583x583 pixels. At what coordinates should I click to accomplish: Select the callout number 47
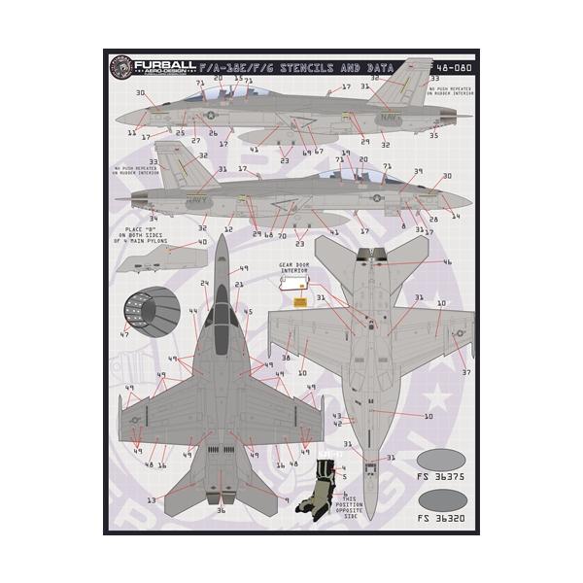(x=122, y=334)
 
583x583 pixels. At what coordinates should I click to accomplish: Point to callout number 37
(x=467, y=372)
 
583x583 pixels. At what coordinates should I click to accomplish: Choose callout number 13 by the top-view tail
(x=151, y=500)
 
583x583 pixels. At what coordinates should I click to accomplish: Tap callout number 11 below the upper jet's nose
(x=131, y=132)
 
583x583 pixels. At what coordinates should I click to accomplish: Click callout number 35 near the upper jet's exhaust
(x=433, y=136)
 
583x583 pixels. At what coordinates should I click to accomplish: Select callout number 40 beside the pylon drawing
(x=203, y=242)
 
